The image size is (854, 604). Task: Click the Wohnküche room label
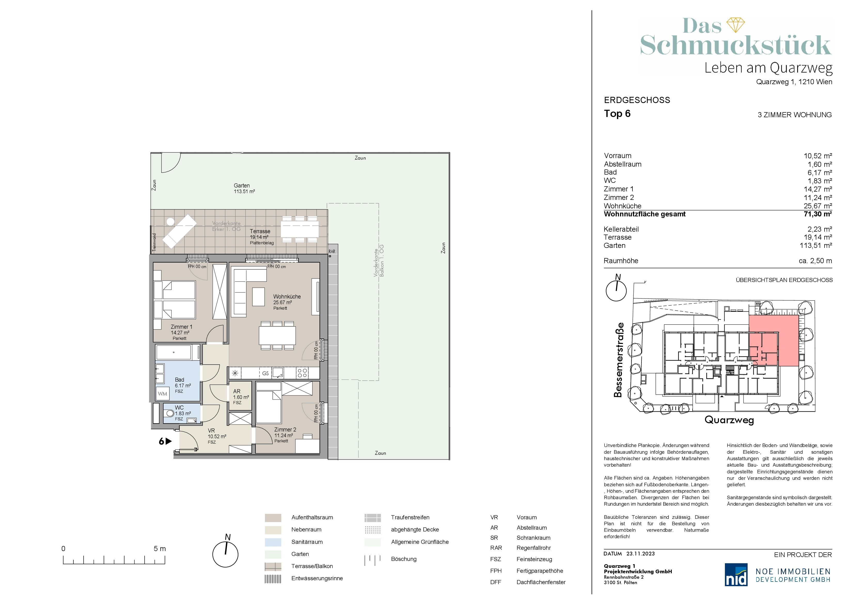point(287,297)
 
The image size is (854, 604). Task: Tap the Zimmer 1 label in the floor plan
point(182,327)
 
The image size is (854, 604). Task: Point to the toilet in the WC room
point(170,413)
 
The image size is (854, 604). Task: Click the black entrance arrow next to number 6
point(168,441)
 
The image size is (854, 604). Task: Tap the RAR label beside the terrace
point(332,252)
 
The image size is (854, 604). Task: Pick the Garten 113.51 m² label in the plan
point(244,188)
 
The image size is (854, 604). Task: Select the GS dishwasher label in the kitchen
point(265,373)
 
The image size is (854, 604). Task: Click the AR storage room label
point(237,391)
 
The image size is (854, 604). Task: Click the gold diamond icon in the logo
point(736,25)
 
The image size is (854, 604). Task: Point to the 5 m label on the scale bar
point(160,548)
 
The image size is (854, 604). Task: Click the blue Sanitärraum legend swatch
point(273,542)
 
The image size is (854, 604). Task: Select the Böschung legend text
point(404,559)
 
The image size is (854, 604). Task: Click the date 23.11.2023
point(640,553)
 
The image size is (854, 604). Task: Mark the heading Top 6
point(617,114)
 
